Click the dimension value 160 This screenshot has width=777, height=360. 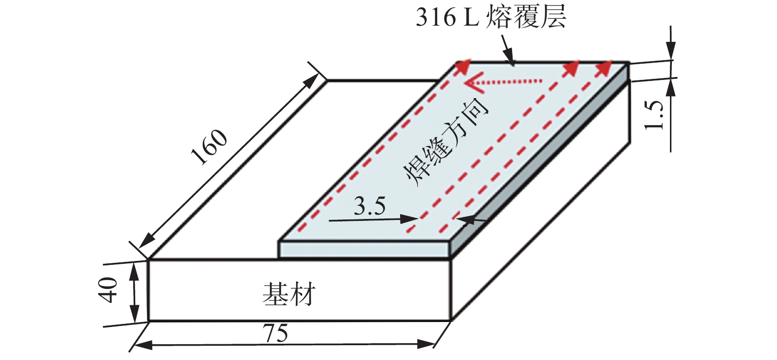(x=209, y=147)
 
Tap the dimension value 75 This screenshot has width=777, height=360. (x=275, y=334)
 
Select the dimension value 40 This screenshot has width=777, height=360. (x=109, y=289)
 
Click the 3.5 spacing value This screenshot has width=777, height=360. (x=370, y=206)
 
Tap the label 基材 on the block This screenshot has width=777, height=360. (x=289, y=294)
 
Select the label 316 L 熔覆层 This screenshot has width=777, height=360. (x=490, y=17)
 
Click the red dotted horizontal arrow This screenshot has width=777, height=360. (x=503, y=82)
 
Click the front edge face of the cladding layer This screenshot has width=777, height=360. (x=365, y=250)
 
